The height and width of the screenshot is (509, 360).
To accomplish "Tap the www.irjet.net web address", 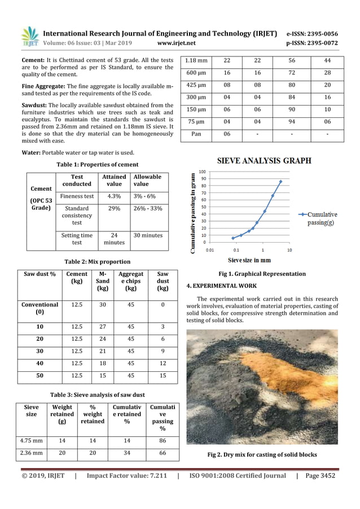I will (x=177, y=43).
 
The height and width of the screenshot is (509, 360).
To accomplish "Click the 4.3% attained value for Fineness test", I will (x=114, y=196).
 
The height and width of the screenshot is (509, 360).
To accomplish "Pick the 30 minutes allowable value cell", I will (x=147, y=235).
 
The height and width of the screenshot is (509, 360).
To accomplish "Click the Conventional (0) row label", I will (x=40, y=308).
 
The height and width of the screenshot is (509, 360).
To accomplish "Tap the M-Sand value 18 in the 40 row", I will (x=103, y=363).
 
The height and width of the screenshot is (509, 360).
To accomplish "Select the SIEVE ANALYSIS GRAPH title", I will (x=264, y=161).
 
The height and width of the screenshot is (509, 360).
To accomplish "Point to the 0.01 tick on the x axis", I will (x=209, y=249).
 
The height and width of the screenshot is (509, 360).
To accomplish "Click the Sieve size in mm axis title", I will (x=249, y=260).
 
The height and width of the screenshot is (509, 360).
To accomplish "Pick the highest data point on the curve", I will (x=280, y=182).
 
